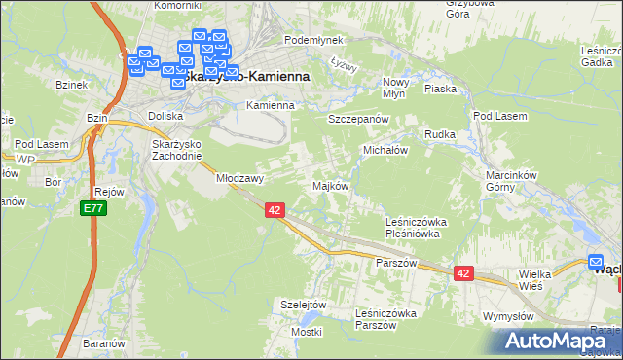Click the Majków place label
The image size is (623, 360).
click(329, 186)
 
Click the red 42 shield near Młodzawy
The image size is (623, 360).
click(274, 209)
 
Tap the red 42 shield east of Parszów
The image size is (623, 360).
click(462, 274)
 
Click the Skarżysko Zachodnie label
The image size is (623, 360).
click(176, 149)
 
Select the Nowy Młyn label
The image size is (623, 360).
click(395, 88)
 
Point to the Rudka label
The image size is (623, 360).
click(438, 134)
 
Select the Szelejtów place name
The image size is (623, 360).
click(302, 305)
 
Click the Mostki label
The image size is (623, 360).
click(306, 332)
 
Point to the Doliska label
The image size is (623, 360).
click(165, 115)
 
